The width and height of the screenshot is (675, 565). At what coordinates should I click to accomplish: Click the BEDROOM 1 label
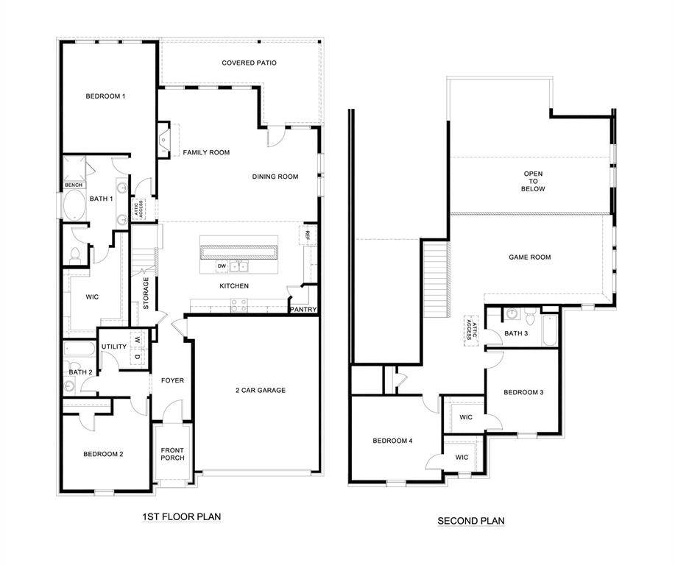[x=105, y=96]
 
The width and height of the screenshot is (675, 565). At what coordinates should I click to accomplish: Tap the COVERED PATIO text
[x=249, y=63]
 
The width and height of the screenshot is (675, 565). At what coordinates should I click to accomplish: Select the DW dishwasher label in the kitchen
[x=221, y=266]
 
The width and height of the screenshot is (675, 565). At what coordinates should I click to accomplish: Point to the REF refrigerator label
[x=307, y=235]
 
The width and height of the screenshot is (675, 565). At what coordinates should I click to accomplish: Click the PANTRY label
[x=303, y=310]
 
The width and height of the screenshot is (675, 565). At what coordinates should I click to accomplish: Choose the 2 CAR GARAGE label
[x=260, y=390]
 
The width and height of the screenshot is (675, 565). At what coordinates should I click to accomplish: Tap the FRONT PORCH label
[x=172, y=454]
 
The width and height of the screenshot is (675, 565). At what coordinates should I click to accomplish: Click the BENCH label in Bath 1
[x=74, y=185]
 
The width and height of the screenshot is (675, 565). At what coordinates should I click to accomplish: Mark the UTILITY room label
[x=114, y=347]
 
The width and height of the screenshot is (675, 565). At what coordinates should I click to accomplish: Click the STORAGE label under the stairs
[x=146, y=292]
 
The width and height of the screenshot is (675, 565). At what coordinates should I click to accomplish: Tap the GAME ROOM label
[x=529, y=257]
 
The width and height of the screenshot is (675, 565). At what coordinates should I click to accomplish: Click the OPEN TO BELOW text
[x=534, y=182]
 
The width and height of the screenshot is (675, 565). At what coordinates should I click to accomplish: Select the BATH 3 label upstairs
[x=516, y=333]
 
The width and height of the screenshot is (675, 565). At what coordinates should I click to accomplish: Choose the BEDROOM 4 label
[x=392, y=441]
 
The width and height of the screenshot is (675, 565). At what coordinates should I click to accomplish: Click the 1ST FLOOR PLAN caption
[x=181, y=517]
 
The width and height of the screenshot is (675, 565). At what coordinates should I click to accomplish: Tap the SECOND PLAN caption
[x=470, y=521]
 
